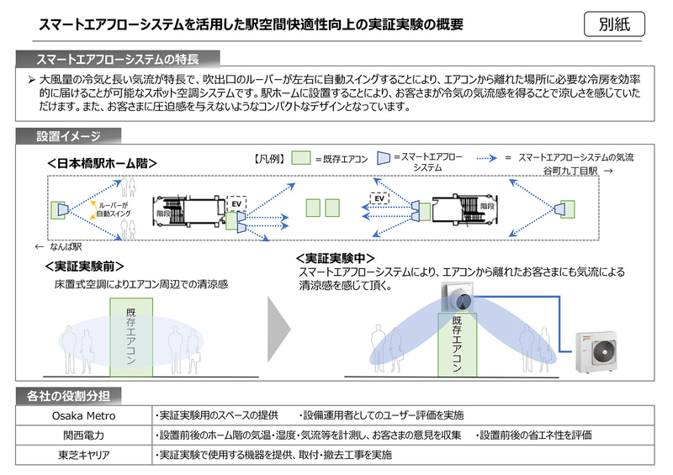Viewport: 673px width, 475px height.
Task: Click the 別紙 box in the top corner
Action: point(614,24)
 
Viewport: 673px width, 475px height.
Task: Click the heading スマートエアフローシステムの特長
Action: point(118,60)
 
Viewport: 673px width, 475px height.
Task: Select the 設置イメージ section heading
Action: point(68,135)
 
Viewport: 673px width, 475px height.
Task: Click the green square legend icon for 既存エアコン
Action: point(300,158)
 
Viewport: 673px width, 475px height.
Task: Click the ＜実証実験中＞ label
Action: point(336,259)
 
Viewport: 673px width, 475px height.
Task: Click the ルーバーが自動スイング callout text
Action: point(114,209)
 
